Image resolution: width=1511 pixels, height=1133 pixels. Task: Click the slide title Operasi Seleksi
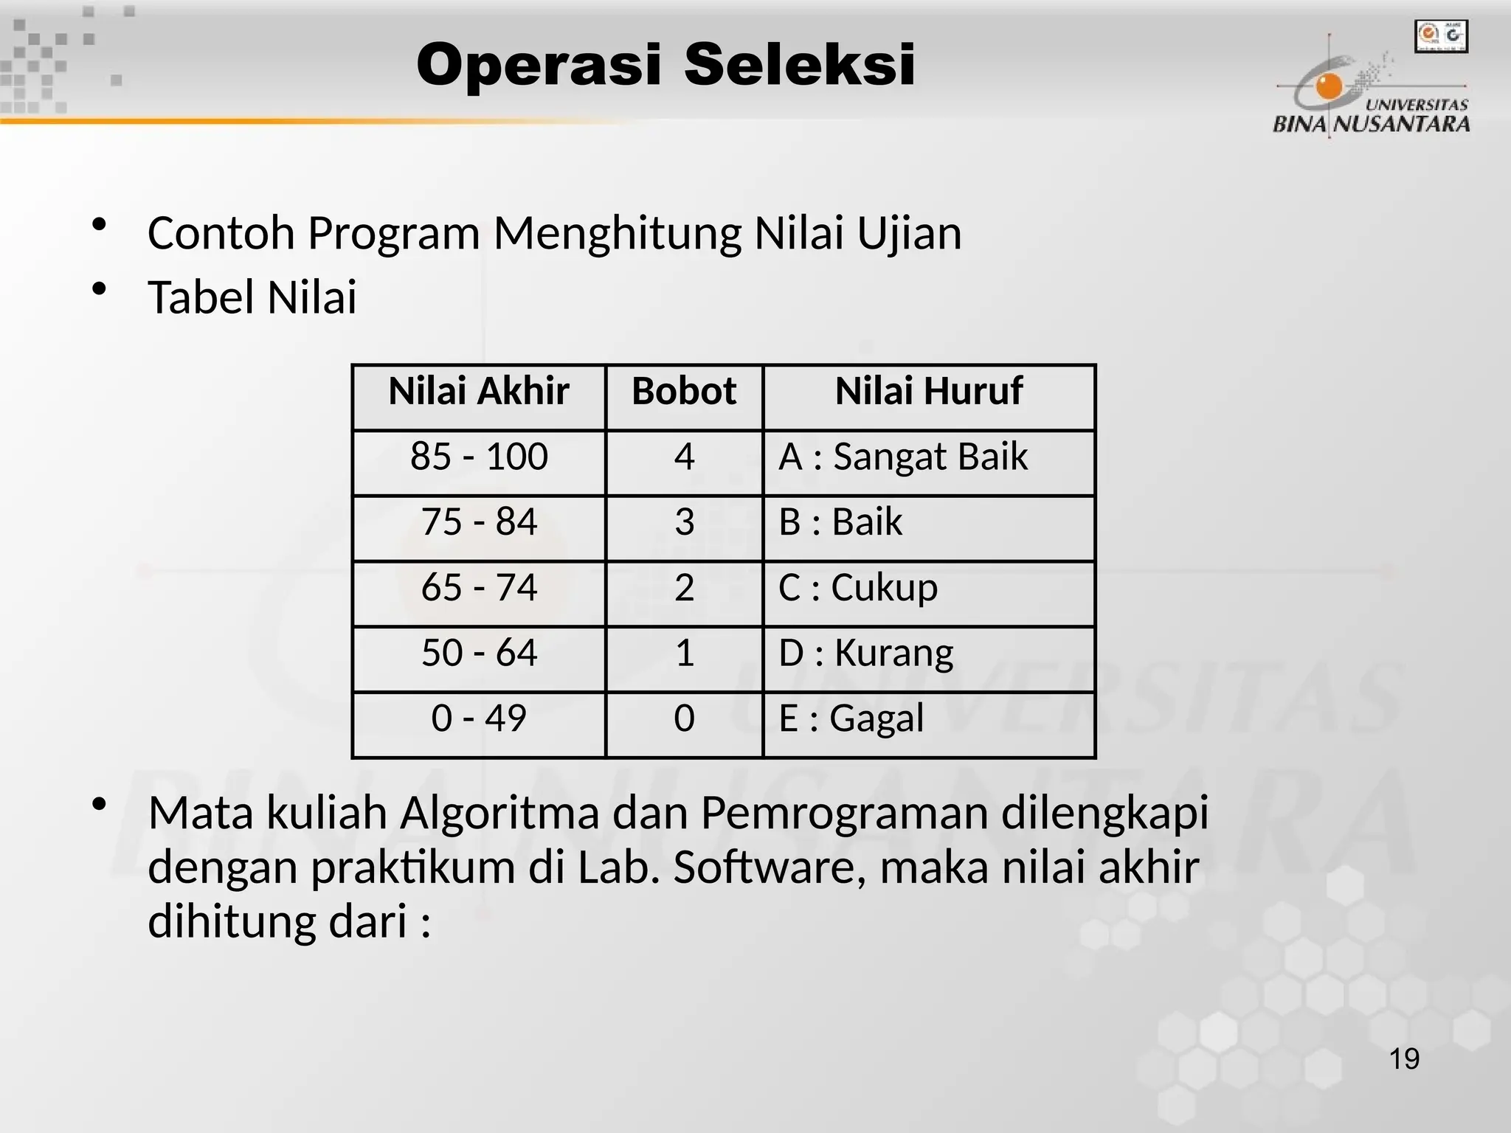(665, 65)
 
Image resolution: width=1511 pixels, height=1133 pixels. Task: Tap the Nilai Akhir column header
(479, 391)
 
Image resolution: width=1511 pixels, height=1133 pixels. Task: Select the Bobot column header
(684, 391)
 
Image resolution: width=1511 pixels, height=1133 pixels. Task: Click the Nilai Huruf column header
(929, 391)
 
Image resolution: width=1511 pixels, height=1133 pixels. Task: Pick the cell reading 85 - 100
(479, 457)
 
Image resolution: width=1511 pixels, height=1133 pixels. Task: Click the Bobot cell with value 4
(684, 457)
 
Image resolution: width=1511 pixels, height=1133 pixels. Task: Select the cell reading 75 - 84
(479, 522)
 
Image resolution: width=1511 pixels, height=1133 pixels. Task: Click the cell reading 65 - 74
(479, 588)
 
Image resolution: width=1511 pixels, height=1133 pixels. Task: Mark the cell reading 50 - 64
(479, 653)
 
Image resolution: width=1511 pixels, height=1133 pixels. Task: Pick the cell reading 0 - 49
(479, 718)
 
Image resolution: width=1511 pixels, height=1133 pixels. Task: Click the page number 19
(1404, 1059)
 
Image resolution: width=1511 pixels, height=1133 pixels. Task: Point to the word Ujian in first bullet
(908, 234)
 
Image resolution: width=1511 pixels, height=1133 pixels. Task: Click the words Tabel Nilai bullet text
(252, 298)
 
